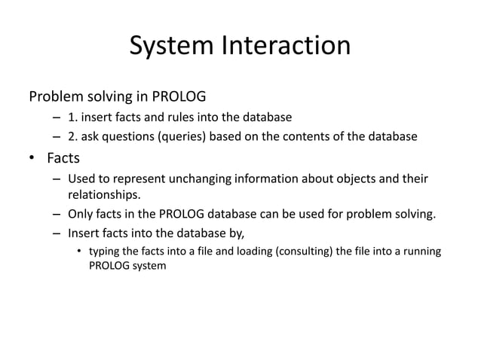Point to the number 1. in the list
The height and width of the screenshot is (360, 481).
pos(72,117)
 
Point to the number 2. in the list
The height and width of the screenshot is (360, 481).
pos(72,136)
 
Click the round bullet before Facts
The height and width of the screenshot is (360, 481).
pos(33,159)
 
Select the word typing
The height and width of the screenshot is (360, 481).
pos(106,251)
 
